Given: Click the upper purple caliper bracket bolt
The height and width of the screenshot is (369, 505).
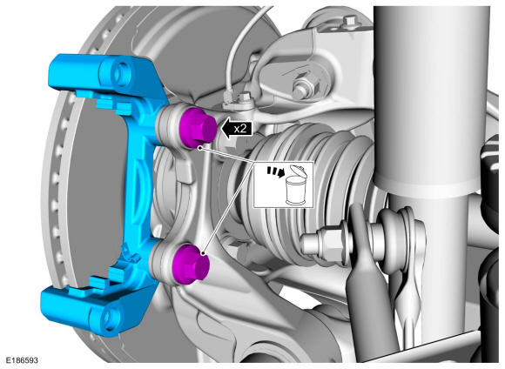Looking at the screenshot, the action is [197, 128].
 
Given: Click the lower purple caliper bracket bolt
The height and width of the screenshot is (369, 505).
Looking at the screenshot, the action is [191, 264].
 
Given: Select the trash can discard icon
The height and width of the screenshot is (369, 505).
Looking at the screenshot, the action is [295, 184].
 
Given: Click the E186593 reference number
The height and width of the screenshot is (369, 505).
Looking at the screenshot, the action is [22, 359].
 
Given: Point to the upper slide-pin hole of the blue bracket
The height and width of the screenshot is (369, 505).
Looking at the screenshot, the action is [120, 73].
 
